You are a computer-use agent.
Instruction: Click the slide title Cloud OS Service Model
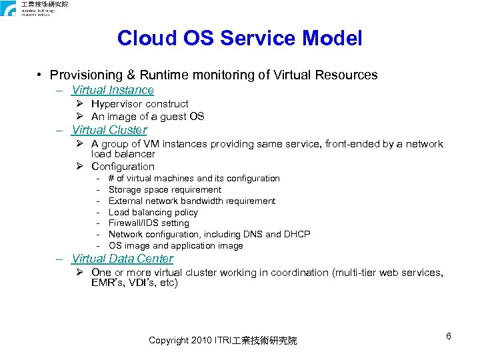point(239,38)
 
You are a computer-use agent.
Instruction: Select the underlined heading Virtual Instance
point(113,90)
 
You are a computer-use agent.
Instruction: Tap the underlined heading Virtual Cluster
point(109,130)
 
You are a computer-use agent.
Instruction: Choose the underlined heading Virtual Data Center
point(122,259)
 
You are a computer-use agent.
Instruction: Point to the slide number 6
point(449,336)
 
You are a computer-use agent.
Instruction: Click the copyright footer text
point(223,341)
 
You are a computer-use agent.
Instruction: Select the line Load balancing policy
point(153,212)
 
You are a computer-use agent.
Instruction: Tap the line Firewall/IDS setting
point(149,223)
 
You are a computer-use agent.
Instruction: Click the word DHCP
point(297,234)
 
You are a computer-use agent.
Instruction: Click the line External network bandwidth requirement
point(191,201)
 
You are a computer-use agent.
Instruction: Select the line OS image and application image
point(175,245)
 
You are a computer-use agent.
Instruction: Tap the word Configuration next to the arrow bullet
point(123,167)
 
